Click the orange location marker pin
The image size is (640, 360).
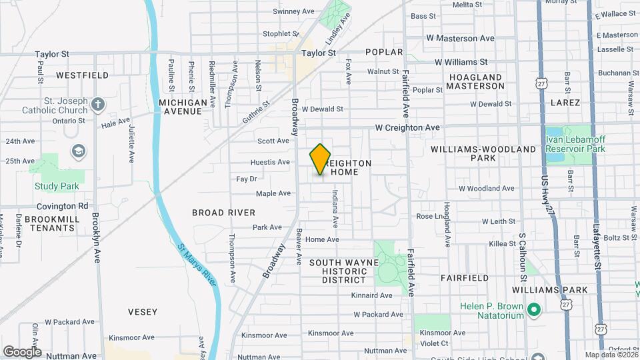321,159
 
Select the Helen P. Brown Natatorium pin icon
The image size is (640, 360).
533,309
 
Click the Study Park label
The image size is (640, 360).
57,186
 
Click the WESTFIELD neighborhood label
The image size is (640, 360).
82,75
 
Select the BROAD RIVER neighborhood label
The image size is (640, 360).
223,213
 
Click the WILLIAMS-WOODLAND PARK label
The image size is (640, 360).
483,153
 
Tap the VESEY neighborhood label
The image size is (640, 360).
143,311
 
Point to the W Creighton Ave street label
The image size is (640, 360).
407,127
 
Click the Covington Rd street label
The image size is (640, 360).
63,207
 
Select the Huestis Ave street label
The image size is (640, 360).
270,162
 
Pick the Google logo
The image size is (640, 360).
22,352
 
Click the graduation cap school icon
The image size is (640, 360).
77,151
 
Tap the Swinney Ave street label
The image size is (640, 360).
293,11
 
